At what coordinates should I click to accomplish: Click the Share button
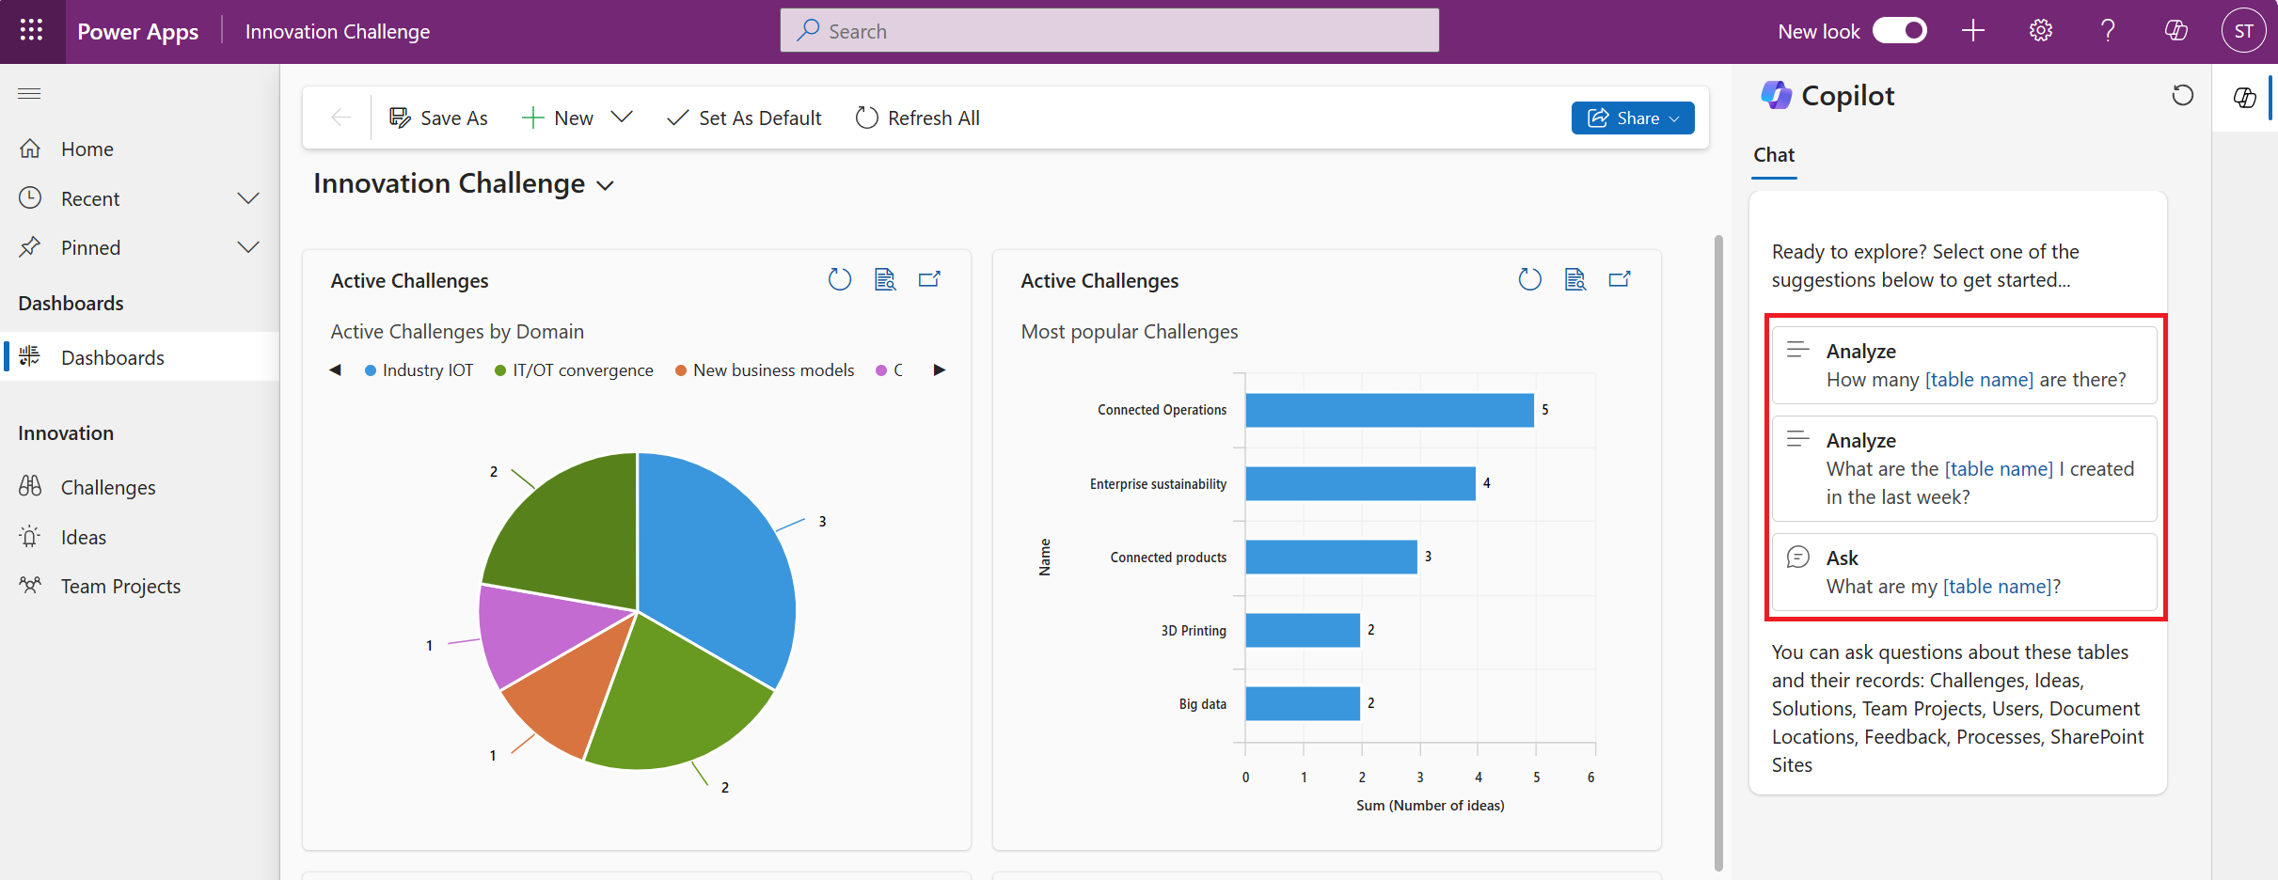pos(1632,118)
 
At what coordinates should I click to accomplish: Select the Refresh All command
pos(918,118)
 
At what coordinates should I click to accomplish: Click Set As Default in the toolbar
pos(744,118)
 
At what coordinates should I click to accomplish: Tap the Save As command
pos(438,118)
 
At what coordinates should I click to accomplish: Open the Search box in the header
pos(1109,31)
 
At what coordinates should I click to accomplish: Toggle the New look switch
pos(1899,31)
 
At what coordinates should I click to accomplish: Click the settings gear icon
pos(2040,31)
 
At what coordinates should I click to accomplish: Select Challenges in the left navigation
pos(108,487)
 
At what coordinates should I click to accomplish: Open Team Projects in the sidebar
pos(120,586)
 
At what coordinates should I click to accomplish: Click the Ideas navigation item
pos(84,537)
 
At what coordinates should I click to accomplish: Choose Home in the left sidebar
pos(87,149)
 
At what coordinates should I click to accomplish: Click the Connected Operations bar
pos(1389,410)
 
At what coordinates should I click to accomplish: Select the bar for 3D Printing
pos(1303,630)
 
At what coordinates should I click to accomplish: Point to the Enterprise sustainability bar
pos(1360,483)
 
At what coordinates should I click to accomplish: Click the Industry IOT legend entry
pos(419,370)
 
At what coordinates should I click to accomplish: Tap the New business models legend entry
pos(765,370)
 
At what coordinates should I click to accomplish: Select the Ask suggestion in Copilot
pos(1964,573)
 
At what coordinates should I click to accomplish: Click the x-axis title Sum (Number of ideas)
pos(1430,806)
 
